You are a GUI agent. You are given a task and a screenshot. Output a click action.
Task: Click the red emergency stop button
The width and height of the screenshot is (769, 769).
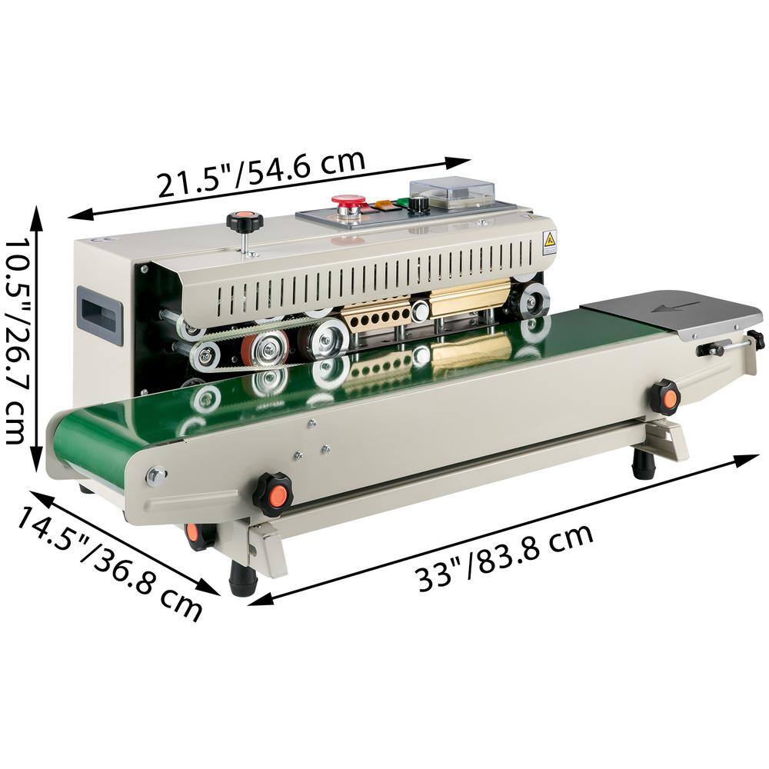348,200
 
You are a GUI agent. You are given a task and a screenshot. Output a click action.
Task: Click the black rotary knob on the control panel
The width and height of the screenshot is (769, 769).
418,205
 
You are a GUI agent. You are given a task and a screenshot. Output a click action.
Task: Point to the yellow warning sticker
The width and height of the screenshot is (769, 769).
549,240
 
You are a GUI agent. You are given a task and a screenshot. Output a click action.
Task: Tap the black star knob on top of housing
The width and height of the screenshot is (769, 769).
245,221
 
